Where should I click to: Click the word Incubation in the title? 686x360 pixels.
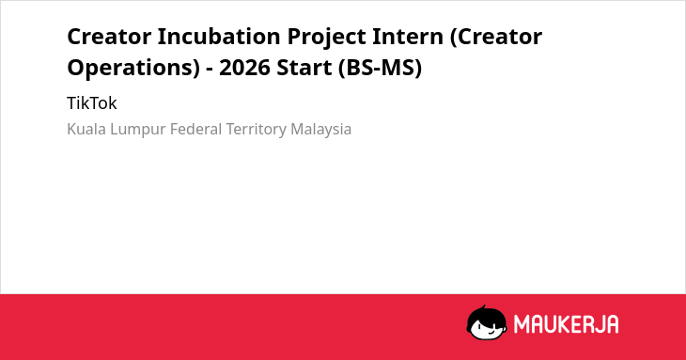point(219,36)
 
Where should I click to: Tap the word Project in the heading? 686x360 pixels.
point(326,38)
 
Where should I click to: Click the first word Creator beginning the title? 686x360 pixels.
point(109,36)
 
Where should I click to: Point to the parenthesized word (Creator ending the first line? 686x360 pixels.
point(496,38)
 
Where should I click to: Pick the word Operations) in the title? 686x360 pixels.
point(133,69)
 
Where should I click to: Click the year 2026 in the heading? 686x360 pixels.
point(244,68)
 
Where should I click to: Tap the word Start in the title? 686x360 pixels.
point(304,68)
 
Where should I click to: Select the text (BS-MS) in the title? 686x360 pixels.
point(380,69)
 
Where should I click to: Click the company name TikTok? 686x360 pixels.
point(92,103)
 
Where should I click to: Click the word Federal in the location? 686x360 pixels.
point(196,129)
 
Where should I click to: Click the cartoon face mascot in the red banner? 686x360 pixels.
point(487,323)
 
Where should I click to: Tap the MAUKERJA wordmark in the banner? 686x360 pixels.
point(566,324)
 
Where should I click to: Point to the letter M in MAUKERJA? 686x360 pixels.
point(522,324)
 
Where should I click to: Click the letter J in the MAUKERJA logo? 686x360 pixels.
point(597,324)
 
